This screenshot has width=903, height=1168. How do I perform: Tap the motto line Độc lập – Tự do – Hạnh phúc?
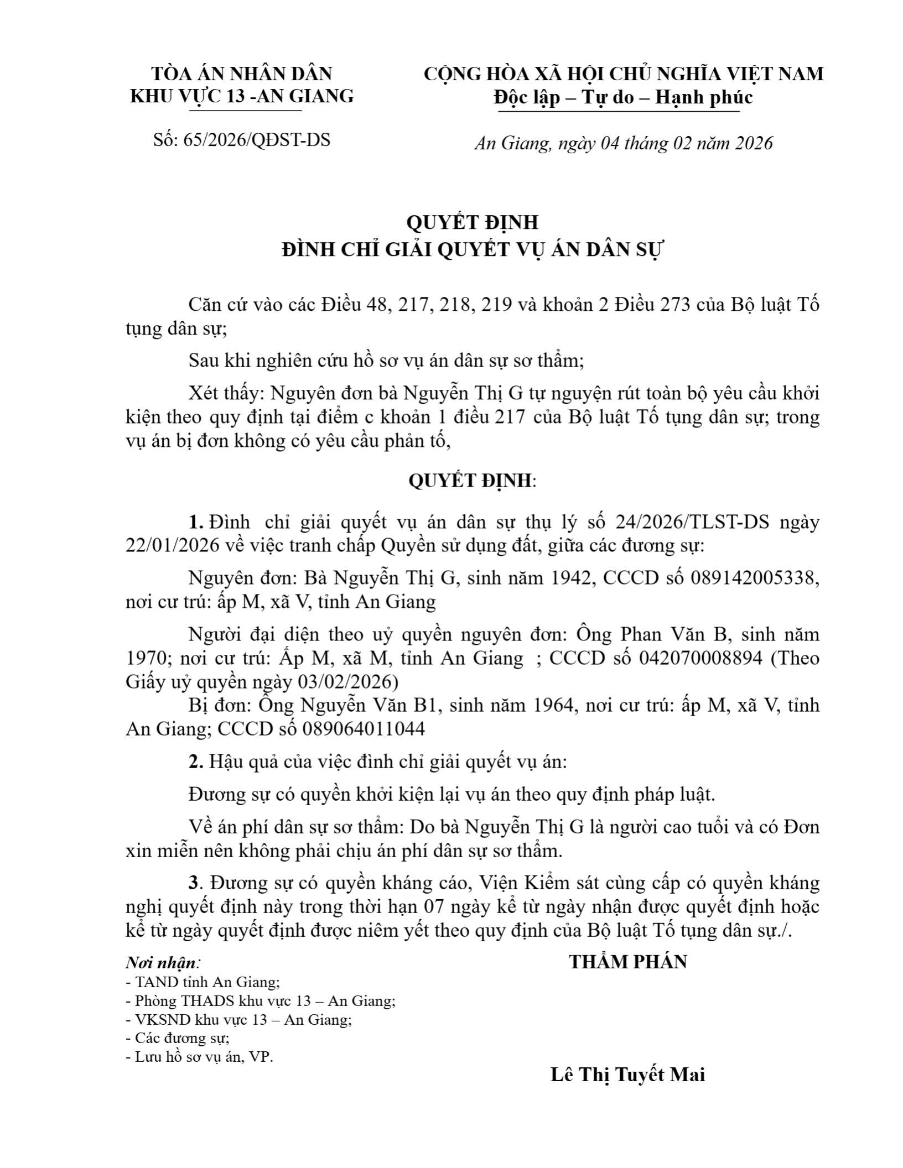(x=623, y=97)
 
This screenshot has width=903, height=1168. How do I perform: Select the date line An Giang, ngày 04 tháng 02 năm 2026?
(x=623, y=143)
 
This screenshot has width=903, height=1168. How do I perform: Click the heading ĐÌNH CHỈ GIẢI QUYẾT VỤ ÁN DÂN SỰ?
(x=472, y=250)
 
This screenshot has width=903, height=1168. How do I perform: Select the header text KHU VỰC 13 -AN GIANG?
(x=242, y=97)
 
